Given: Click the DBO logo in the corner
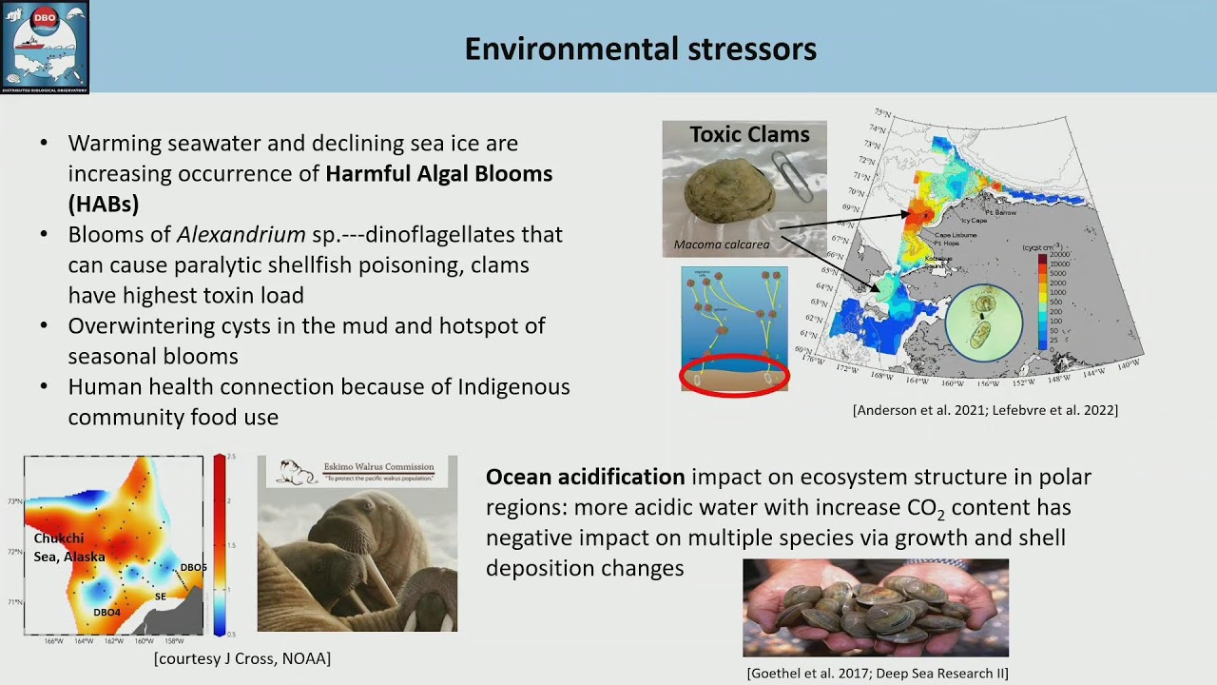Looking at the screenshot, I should [x=45, y=47].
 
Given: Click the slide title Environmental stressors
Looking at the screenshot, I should [x=640, y=49].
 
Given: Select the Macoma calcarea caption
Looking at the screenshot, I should [x=721, y=245].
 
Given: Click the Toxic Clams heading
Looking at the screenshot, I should [x=749, y=135].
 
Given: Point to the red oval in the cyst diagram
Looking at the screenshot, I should [x=734, y=374].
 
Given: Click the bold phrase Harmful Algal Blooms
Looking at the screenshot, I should [x=438, y=173].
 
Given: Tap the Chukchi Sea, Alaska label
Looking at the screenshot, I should [x=68, y=548].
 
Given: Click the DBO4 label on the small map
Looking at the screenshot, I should [x=106, y=613].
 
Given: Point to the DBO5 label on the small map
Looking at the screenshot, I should [x=193, y=568].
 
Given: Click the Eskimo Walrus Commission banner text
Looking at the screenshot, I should [x=379, y=467].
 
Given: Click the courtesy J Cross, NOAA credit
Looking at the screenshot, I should [x=242, y=658].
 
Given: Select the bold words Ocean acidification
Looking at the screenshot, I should [x=585, y=477].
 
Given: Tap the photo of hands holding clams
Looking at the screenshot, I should [x=875, y=608].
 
